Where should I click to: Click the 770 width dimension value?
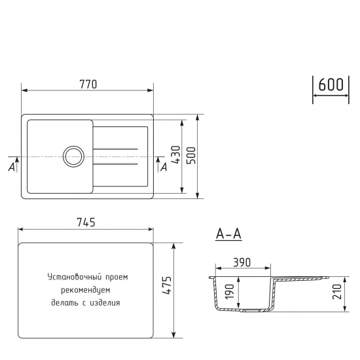click(x=88, y=83)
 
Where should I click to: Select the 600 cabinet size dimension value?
click(x=332, y=85)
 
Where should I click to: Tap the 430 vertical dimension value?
click(x=175, y=155)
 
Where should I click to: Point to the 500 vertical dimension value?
click(x=191, y=155)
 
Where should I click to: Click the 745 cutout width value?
click(x=86, y=222)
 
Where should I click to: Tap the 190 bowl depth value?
click(x=230, y=291)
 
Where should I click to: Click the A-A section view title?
click(x=228, y=234)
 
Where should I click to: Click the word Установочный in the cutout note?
click(x=71, y=277)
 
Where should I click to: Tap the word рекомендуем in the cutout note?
click(x=84, y=289)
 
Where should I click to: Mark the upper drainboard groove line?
click(x=115, y=150)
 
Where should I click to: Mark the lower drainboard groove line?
click(x=115, y=164)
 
